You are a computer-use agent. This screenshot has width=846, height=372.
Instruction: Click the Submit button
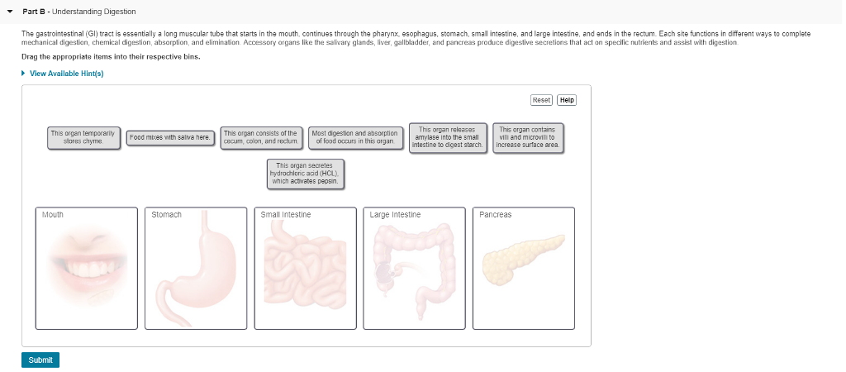pyautogui.click(x=40, y=360)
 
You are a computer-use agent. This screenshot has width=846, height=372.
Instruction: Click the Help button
pyautogui.click(x=567, y=100)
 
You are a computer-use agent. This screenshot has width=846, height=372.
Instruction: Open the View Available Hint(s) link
pyautogui.click(x=66, y=74)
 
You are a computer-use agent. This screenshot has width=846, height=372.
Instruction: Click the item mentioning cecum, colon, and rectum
pyautogui.click(x=260, y=137)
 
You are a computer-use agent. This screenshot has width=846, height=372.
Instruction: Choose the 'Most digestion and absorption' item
pyautogui.click(x=356, y=137)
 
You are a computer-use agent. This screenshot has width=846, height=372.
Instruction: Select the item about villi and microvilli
pyautogui.click(x=528, y=137)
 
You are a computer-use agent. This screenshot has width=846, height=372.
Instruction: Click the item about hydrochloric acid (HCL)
pyautogui.click(x=305, y=174)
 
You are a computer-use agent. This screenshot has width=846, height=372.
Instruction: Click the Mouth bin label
pyautogui.click(x=53, y=215)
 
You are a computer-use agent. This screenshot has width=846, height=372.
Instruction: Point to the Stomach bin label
pyautogui.click(x=166, y=215)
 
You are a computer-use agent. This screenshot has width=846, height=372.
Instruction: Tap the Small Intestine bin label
pyautogui.click(x=286, y=215)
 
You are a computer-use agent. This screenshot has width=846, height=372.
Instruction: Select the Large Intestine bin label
pyautogui.click(x=395, y=215)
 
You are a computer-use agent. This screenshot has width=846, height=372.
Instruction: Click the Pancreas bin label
pyautogui.click(x=496, y=215)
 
